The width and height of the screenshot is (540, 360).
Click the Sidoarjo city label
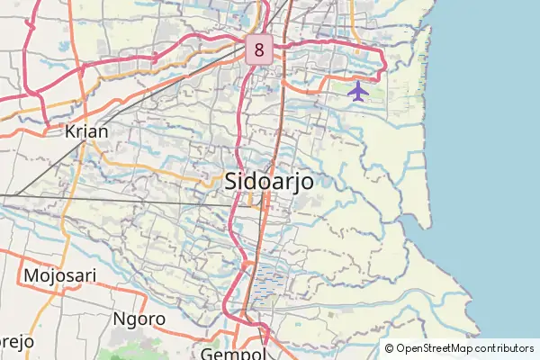pos(268,180)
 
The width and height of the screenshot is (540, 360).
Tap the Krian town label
pos(86,131)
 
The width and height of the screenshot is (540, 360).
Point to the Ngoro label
pos(139,319)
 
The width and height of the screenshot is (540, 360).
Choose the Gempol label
pos(236,353)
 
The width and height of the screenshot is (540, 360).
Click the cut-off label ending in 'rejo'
pos(16,342)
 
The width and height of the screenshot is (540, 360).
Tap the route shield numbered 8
pos(259,49)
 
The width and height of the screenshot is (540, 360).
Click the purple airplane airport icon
pos(358,91)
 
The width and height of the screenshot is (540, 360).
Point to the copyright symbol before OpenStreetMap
pos(389,348)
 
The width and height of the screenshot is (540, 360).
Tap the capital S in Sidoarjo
pos(230,180)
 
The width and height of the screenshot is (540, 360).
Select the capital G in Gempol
pos(209,353)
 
